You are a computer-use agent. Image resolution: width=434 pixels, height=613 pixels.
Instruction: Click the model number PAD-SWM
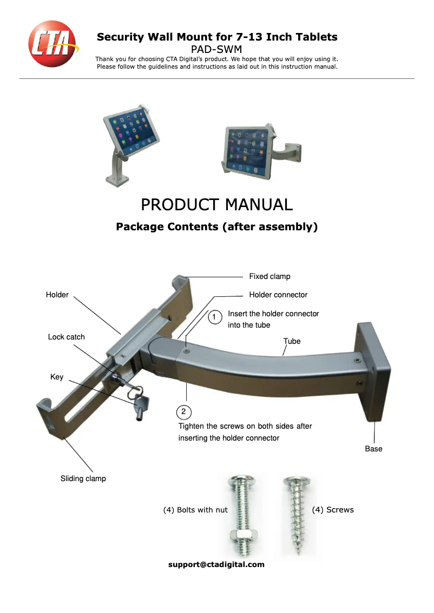(216, 49)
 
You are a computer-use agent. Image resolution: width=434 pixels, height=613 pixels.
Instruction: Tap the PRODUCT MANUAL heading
(216, 205)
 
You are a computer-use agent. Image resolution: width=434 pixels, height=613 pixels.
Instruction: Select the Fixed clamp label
(269, 276)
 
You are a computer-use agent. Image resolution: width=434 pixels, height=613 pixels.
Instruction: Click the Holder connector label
(278, 295)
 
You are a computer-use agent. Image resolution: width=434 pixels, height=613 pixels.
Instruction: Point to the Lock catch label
(66, 337)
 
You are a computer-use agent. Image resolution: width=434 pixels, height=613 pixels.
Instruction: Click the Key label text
(57, 377)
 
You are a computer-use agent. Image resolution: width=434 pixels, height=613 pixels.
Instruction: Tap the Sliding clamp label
(83, 478)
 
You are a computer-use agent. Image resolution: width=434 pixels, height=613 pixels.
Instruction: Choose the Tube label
(292, 341)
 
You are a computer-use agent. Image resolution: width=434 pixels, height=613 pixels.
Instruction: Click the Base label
(373, 449)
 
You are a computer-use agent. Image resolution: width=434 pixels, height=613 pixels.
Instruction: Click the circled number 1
(215, 317)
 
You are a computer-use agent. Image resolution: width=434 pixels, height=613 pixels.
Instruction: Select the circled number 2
(184, 412)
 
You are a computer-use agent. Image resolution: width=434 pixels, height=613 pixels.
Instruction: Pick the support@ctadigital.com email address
(216, 564)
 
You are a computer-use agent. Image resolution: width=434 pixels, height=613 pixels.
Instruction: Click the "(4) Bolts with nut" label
(195, 510)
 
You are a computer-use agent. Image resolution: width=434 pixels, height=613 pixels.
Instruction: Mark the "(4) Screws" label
(333, 510)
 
